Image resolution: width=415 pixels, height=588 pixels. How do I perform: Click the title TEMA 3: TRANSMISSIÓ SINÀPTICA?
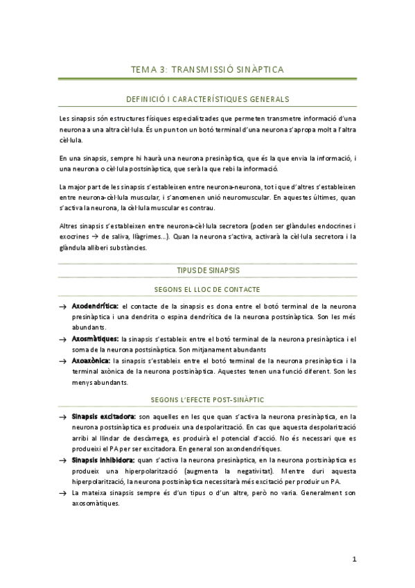[207, 69]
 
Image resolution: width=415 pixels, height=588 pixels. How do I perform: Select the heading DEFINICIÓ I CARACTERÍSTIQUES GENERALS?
[207, 99]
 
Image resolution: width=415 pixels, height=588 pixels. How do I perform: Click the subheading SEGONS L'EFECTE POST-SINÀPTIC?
[207, 400]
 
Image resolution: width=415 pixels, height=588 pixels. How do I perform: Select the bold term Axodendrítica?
[95, 306]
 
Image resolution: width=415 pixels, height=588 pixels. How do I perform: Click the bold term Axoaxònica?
[91, 361]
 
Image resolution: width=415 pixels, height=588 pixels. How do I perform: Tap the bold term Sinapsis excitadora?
[103, 417]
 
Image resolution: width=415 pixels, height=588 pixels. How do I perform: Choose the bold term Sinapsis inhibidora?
[103, 459]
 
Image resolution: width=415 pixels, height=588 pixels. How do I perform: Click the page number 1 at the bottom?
[353, 560]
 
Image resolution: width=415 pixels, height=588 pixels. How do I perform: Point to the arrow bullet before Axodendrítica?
[63, 306]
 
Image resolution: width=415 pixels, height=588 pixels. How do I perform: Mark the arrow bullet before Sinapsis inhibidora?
[63, 459]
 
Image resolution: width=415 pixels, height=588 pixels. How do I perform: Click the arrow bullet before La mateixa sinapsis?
[63, 492]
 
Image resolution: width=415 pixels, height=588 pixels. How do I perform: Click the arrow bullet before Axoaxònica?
[63, 361]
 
